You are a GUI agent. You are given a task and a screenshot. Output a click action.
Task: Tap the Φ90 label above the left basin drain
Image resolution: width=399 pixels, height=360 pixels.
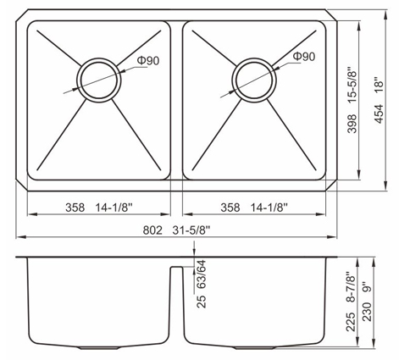click(148, 61)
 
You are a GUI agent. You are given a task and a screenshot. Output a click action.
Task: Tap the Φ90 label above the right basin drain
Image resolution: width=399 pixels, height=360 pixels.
click(304, 57)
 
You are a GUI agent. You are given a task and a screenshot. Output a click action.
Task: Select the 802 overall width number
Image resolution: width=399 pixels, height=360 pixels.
click(152, 230)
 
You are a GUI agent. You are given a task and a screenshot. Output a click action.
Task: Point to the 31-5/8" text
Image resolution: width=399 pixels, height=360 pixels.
click(191, 230)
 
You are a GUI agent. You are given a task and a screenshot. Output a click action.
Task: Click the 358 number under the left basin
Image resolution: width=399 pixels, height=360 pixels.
click(75, 208)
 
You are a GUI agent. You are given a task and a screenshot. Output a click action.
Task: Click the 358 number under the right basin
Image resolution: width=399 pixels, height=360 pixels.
click(230, 208)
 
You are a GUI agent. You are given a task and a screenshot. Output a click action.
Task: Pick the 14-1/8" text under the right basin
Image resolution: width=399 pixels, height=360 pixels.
click(269, 208)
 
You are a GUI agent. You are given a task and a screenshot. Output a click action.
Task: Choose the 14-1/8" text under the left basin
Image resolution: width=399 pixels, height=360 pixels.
click(114, 208)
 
